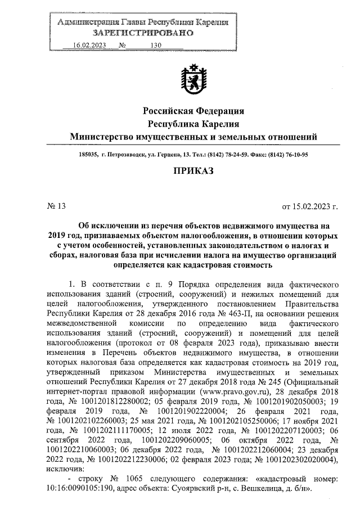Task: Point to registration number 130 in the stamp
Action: pyautogui.click(x=156, y=46)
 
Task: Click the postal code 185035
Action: pyautogui.click(x=89, y=154)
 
